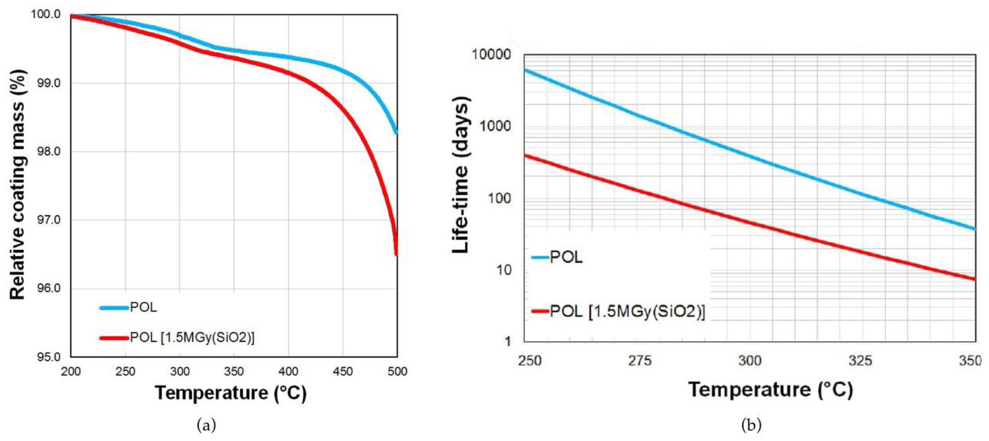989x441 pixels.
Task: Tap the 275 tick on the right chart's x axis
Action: tap(640, 360)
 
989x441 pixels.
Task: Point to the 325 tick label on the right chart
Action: tap(860, 360)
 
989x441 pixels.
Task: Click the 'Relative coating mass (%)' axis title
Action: tap(18, 184)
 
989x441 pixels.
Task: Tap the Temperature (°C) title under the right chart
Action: tap(771, 389)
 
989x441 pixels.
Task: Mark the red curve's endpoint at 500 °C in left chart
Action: tap(397, 254)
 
